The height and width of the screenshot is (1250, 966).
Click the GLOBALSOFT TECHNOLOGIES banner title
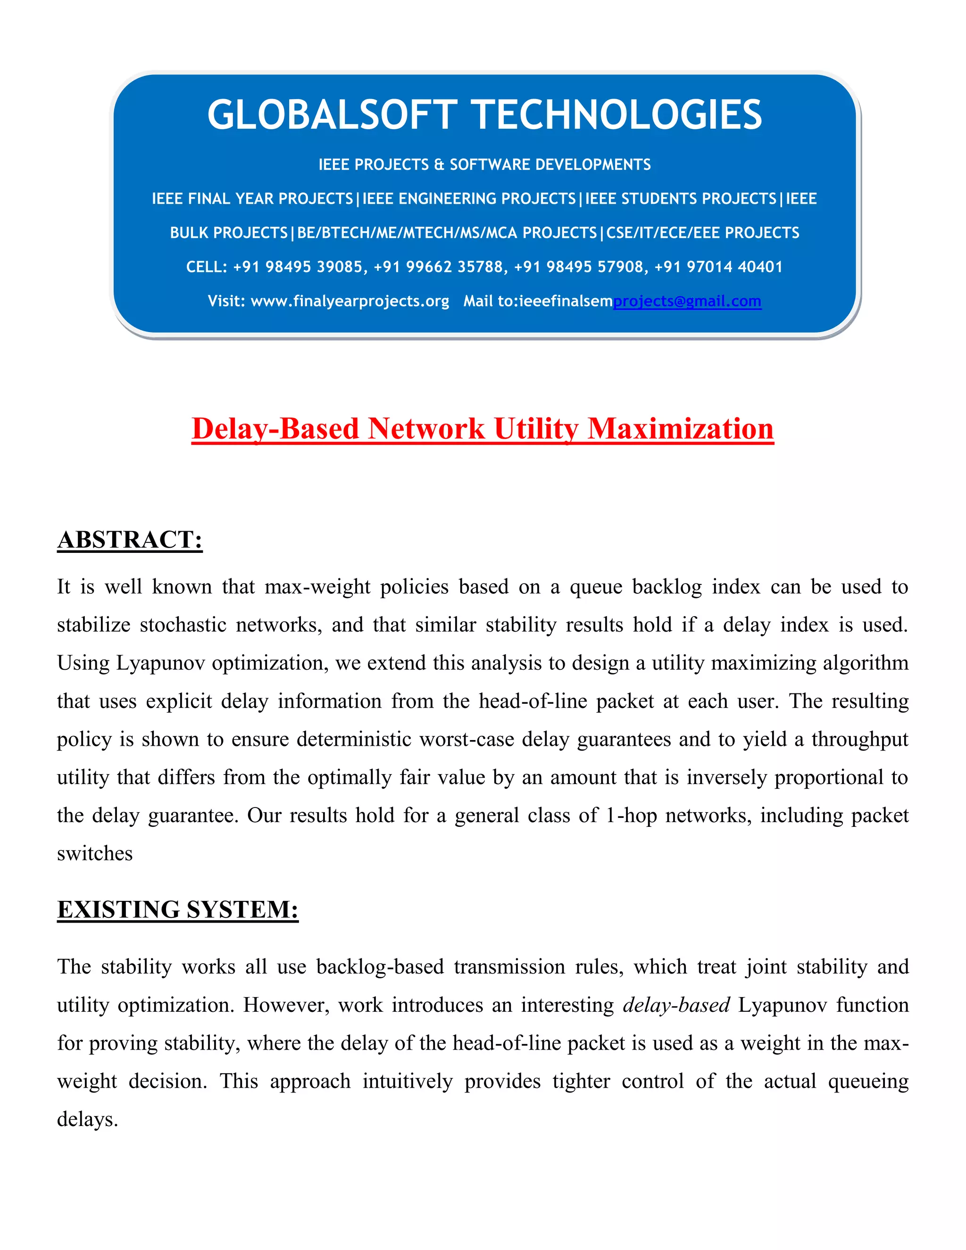pyautogui.click(x=484, y=115)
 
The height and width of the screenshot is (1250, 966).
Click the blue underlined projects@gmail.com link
pyautogui.click(x=687, y=301)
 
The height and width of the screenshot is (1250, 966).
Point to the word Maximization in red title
pyautogui.click(x=681, y=429)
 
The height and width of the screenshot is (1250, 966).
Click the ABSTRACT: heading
pyautogui.click(x=130, y=540)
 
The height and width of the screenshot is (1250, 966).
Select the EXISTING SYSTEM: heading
pyautogui.click(x=177, y=909)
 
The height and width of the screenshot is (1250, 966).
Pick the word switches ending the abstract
pyautogui.click(x=94, y=853)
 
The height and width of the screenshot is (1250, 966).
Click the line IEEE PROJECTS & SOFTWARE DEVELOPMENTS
pyautogui.click(x=484, y=165)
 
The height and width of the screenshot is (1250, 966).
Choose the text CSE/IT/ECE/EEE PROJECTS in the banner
pyautogui.click(x=703, y=233)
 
